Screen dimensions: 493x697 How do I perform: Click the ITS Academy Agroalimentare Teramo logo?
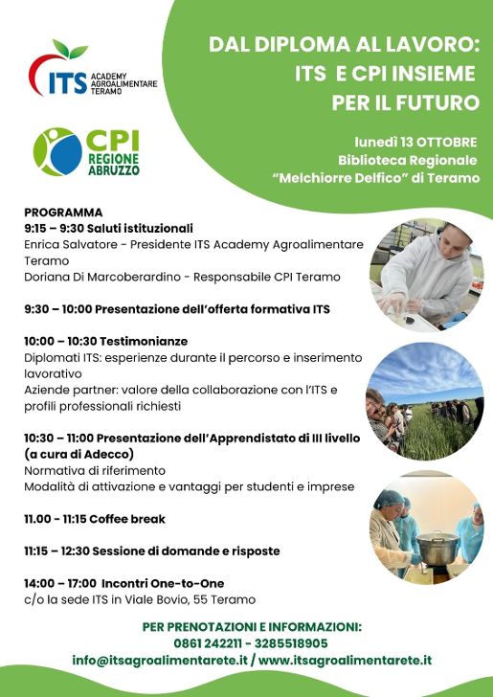coord(93,69)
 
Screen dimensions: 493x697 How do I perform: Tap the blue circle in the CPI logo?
coord(66,154)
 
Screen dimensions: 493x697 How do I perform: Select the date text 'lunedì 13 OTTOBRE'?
coord(415,143)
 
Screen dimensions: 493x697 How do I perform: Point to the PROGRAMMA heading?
coord(63,212)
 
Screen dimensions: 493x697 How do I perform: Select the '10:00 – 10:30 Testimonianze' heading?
coord(106,342)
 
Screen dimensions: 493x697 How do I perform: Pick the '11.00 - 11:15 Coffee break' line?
coord(95,519)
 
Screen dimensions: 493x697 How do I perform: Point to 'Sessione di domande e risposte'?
coord(186,551)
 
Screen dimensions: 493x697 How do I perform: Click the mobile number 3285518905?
coord(291,643)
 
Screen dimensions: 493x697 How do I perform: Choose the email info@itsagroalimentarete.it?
coord(160,660)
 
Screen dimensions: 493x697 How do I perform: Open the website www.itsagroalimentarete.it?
coord(345,660)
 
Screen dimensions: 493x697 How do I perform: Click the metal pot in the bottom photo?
coord(437,548)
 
